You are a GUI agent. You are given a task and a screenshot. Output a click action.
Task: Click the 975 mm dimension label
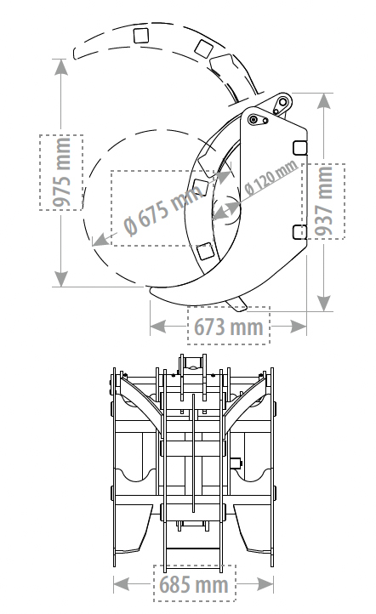click(x=62, y=172)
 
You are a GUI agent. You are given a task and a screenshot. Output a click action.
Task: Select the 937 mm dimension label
click(x=324, y=201)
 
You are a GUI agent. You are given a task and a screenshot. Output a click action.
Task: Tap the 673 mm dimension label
click(x=228, y=327)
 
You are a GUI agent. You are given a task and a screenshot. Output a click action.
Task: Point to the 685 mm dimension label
click(x=194, y=584)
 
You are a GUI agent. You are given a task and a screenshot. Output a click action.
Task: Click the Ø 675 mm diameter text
click(x=163, y=209)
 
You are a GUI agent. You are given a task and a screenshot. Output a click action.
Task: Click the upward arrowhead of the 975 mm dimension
click(x=60, y=67)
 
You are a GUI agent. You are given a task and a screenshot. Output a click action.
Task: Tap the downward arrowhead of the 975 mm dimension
click(x=60, y=278)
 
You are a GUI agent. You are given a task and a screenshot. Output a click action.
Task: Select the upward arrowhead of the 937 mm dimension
click(x=323, y=101)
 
